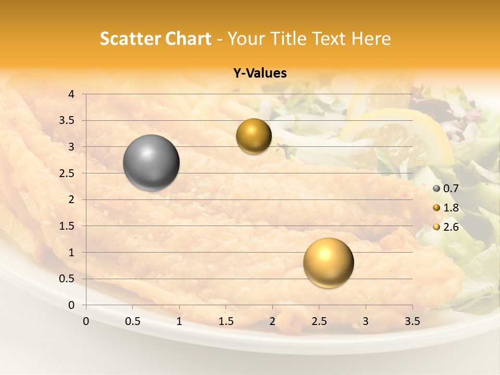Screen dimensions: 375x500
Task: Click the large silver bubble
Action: click(x=151, y=162)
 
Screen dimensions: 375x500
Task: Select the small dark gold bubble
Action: click(x=254, y=136)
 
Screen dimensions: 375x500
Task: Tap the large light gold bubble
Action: click(x=328, y=262)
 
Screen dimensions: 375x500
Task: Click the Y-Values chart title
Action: click(x=260, y=73)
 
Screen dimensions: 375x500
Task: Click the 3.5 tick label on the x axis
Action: click(x=412, y=321)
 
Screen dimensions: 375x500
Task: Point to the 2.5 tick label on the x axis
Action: click(x=319, y=321)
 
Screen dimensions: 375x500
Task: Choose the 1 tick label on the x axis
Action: click(x=179, y=321)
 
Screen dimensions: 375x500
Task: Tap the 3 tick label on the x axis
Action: click(x=366, y=321)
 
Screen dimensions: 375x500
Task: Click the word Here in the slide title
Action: click(x=371, y=39)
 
